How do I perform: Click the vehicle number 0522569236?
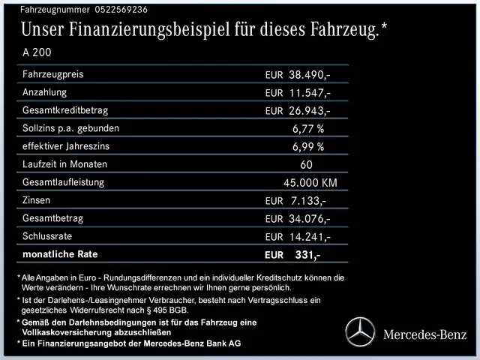click(111, 10)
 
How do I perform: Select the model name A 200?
click(38, 54)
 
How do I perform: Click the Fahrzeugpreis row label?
click(53, 75)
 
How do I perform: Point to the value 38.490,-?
click(310, 75)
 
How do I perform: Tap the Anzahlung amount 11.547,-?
click(310, 93)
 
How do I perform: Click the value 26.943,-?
click(310, 111)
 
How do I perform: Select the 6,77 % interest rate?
click(308, 128)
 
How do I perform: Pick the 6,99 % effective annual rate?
click(308, 146)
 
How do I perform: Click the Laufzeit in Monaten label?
click(65, 164)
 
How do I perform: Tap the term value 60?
click(306, 164)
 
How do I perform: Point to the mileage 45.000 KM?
click(310, 182)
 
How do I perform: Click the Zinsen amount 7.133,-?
click(307, 200)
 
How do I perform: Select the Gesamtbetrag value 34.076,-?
click(310, 218)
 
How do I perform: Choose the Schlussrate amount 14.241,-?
click(310, 236)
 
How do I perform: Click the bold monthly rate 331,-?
click(307, 255)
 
